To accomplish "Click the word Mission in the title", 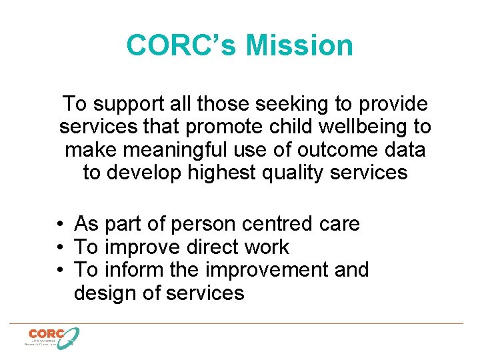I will tap(299, 46).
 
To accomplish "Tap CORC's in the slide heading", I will tap(181, 46).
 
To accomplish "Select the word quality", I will tap(309, 173).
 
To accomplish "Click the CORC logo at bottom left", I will tap(52, 337).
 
